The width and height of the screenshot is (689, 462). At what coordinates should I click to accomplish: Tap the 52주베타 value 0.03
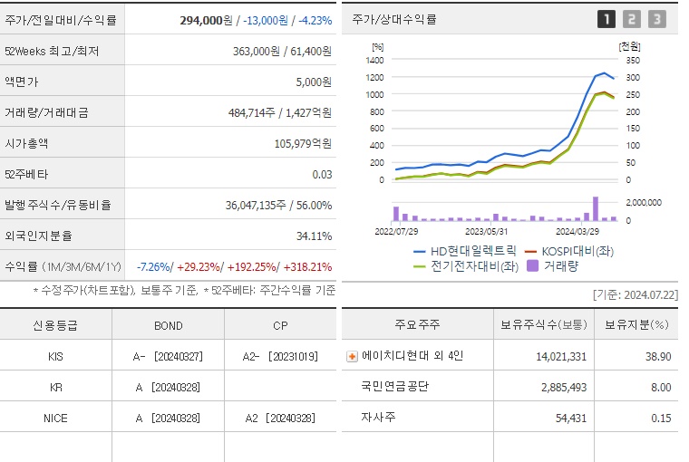click(x=322, y=174)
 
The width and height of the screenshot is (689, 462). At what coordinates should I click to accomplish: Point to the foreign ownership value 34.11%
click(x=314, y=236)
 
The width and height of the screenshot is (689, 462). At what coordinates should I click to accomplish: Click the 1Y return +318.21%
click(x=307, y=267)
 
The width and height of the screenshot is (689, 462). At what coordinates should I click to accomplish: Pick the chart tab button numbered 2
click(x=632, y=18)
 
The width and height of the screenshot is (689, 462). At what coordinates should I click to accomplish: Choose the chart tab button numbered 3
click(x=657, y=18)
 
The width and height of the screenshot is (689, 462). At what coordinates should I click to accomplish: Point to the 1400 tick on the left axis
click(x=374, y=60)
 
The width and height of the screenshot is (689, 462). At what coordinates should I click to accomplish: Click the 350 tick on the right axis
click(x=631, y=60)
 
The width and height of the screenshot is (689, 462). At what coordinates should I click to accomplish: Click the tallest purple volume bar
click(x=596, y=208)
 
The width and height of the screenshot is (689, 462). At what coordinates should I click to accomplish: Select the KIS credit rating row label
click(x=55, y=356)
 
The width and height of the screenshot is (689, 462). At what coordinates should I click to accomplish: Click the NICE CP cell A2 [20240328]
click(x=281, y=418)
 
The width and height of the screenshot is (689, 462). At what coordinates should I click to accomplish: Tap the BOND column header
click(x=168, y=325)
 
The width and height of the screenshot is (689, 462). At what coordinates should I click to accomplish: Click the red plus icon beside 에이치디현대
click(x=352, y=356)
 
